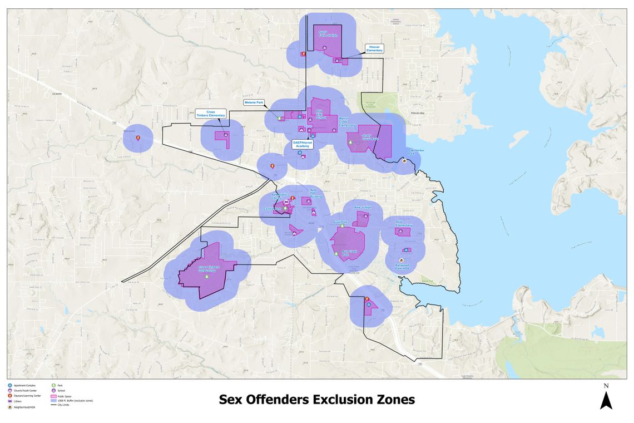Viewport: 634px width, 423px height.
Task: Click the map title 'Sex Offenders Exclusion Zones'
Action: click(x=316, y=400)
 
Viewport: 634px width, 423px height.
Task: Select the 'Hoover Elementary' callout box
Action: click(x=374, y=48)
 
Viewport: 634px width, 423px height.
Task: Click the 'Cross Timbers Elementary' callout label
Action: click(x=211, y=113)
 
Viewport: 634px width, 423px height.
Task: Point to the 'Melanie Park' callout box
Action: click(x=254, y=103)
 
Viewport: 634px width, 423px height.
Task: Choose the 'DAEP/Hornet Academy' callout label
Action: click(x=303, y=144)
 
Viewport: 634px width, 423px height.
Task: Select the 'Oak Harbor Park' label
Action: click(x=417, y=150)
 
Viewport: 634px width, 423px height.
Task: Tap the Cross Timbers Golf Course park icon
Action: click(x=207, y=276)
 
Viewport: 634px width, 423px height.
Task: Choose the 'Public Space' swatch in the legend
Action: click(x=54, y=396)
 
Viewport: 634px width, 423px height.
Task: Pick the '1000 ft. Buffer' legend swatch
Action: click(x=54, y=400)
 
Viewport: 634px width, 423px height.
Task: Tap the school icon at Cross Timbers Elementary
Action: click(x=226, y=134)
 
